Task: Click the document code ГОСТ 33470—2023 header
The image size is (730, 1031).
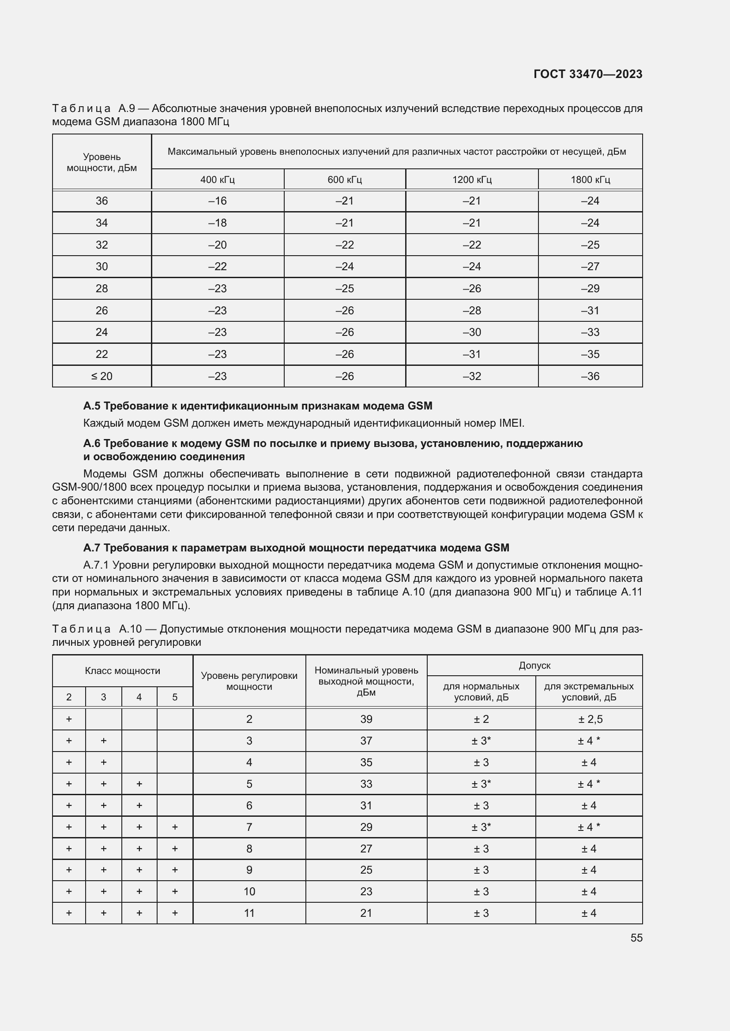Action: point(587,74)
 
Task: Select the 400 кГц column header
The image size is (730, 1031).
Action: point(218,179)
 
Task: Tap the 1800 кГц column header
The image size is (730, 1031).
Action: point(590,179)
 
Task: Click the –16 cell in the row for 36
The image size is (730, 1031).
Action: point(218,201)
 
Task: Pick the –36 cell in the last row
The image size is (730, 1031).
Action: point(590,376)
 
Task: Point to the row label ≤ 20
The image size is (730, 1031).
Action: point(102,376)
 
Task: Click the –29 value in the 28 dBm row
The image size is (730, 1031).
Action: point(590,289)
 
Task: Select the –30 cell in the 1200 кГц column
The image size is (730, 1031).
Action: point(471,332)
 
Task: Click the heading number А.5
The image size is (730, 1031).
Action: point(92,406)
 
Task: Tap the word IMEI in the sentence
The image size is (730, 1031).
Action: point(511,423)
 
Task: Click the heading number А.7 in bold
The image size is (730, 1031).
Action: point(92,548)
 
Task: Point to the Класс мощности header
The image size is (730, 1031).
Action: point(122,671)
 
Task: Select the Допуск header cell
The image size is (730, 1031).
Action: point(534,666)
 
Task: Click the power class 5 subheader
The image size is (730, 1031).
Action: point(175,697)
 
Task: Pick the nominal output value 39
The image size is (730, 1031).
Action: point(366,719)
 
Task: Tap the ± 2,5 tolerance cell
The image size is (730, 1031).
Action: point(589,719)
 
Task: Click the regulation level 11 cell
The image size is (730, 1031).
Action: point(249,913)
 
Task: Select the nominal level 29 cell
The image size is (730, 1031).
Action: point(366,827)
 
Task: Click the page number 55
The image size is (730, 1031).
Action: point(636,938)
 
